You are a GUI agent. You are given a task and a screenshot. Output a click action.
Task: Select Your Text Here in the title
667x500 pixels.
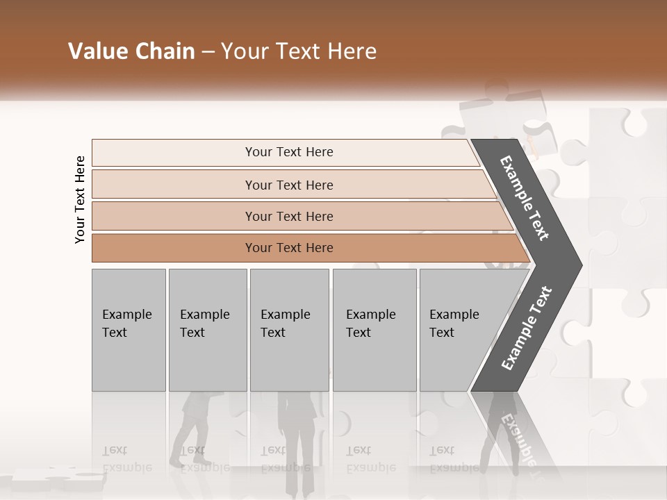pyautogui.click(x=298, y=51)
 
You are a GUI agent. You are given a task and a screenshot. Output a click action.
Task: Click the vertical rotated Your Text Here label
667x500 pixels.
pyautogui.click(x=80, y=199)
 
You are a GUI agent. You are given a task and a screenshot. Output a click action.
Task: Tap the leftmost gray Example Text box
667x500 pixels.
pyautogui.click(x=129, y=329)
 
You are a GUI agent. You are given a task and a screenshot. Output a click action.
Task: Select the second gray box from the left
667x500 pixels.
pyautogui.click(x=207, y=329)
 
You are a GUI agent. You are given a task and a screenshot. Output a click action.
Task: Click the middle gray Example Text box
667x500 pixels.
pyautogui.click(x=289, y=329)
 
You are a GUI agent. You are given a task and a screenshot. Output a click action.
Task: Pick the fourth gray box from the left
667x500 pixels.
pyautogui.click(x=374, y=329)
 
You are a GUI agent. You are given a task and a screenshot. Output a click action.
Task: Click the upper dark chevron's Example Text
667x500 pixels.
pyautogui.click(x=525, y=198)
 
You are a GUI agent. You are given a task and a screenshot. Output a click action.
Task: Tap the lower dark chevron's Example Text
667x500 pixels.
pyautogui.click(x=527, y=328)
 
